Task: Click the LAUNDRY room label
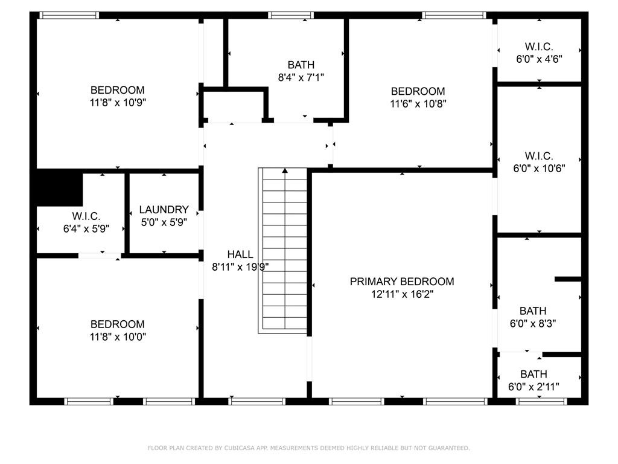click(164, 210)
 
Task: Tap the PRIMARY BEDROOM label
click(402, 282)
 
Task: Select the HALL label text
click(240, 254)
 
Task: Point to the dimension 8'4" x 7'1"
click(301, 77)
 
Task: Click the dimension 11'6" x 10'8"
click(418, 104)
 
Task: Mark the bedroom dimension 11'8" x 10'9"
click(118, 103)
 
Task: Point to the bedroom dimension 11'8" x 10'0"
click(118, 337)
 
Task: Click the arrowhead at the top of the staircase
click(285, 170)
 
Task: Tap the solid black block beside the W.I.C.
click(59, 187)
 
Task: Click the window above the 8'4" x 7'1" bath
click(291, 15)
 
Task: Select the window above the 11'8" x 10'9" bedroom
click(69, 15)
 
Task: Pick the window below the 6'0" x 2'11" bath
click(541, 402)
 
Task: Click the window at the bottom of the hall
click(257, 402)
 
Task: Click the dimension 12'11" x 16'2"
click(402, 294)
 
